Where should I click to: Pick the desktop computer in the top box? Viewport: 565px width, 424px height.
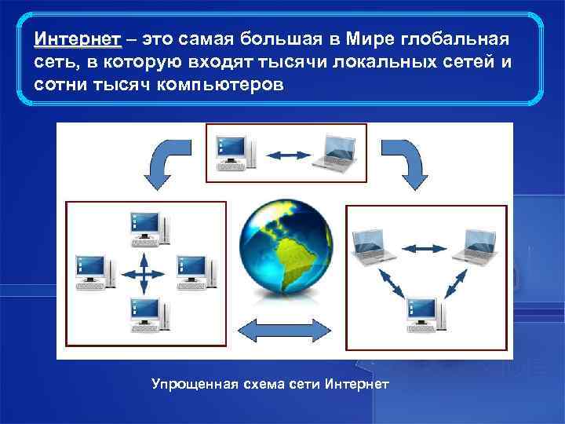click(235, 149)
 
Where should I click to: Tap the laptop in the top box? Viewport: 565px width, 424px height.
click(334, 151)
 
